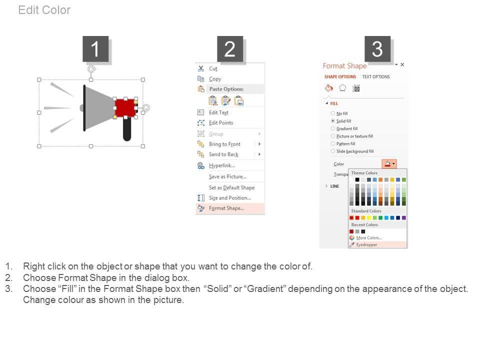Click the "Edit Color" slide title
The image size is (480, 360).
(x=44, y=10)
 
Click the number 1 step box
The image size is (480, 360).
(x=95, y=48)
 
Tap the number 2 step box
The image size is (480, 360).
(x=230, y=48)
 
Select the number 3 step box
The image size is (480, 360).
(x=377, y=48)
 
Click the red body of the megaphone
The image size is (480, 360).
(x=125, y=108)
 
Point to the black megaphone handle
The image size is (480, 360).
(x=127, y=129)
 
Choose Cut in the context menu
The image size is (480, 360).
(x=213, y=68)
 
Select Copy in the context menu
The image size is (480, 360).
(x=215, y=79)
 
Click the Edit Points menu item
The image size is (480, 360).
(x=221, y=123)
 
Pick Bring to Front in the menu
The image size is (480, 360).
(x=224, y=144)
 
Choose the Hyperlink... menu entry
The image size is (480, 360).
(x=222, y=165)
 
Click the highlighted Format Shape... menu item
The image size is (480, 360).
(x=226, y=208)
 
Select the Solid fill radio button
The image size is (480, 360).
(x=333, y=121)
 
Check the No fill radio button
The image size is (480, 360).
(x=333, y=113)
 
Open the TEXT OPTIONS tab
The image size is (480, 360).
(x=376, y=77)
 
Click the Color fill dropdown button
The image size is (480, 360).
(x=389, y=164)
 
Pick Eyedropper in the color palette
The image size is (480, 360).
(x=366, y=244)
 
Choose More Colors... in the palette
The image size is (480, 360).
(x=369, y=238)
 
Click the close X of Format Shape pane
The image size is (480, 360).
(x=402, y=64)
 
